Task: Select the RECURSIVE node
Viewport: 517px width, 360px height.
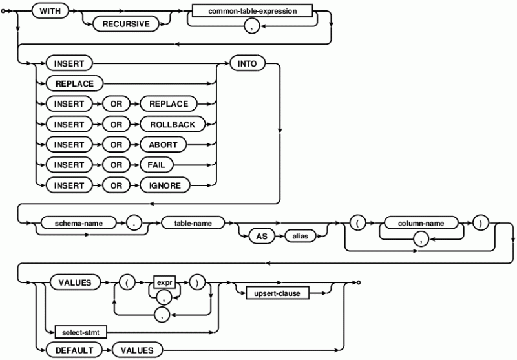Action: [x=127, y=24]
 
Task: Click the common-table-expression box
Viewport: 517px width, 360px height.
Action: [x=251, y=12]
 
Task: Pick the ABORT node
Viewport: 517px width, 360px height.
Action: [x=160, y=145]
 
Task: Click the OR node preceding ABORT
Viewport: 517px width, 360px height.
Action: [x=116, y=145]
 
